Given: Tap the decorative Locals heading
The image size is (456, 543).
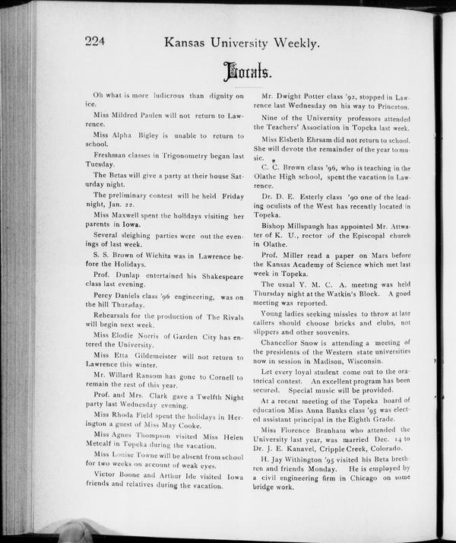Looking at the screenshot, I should [245, 74].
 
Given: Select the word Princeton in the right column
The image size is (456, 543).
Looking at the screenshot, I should [390, 107].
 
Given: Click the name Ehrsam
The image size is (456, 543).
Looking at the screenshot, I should [323, 140].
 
